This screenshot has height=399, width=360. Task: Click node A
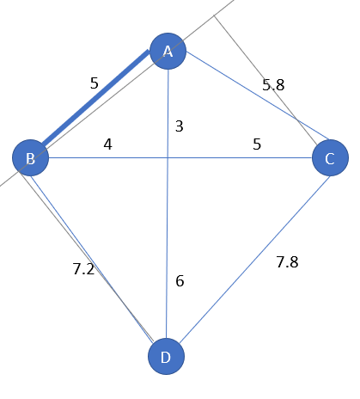[x=168, y=52]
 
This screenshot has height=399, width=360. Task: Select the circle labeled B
[x=30, y=158]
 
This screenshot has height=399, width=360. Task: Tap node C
[x=330, y=158]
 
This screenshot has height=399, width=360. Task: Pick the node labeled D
[x=166, y=356]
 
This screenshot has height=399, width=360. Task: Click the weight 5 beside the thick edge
[x=95, y=83]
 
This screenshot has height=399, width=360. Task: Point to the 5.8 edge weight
[x=273, y=85]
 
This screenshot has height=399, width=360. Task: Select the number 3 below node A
[x=180, y=126]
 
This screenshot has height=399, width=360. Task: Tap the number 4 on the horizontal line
[x=107, y=144]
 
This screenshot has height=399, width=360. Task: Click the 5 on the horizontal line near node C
[x=257, y=144]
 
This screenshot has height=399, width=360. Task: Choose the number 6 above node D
[x=180, y=281]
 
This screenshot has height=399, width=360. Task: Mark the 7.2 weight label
[x=83, y=269]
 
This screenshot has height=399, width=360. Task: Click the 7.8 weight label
[x=287, y=262]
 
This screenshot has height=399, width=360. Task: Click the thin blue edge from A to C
[x=258, y=95]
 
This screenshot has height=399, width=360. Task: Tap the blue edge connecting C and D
[x=254, y=260]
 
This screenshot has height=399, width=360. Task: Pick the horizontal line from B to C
[x=180, y=157]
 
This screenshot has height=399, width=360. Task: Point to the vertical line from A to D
[x=168, y=204]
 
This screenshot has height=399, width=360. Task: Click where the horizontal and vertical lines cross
[x=168, y=157]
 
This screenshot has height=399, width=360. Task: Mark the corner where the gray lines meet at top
[x=214, y=15]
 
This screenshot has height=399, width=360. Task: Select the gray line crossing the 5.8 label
[x=265, y=80]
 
